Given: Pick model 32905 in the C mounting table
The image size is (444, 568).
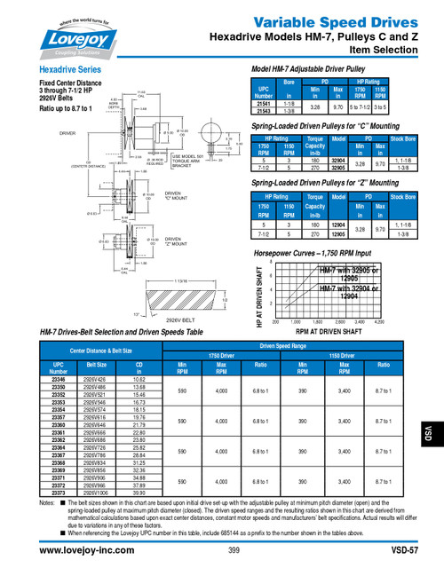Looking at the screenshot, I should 338,167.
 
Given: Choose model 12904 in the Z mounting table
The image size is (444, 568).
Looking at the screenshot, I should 338,226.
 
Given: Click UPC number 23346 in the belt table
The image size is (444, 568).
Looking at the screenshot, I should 59,379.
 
